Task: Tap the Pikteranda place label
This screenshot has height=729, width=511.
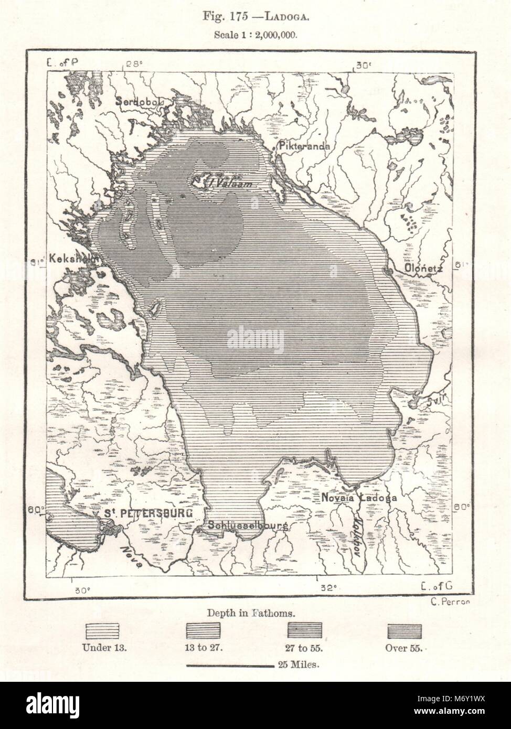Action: (305, 146)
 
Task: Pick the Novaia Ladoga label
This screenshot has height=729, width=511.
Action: (355, 497)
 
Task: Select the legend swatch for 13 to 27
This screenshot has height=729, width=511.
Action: (204, 630)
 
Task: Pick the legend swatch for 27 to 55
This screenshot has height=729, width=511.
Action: (305, 630)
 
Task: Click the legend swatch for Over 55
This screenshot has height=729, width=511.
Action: (404, 630)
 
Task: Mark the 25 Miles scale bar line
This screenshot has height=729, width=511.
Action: (230, 666)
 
